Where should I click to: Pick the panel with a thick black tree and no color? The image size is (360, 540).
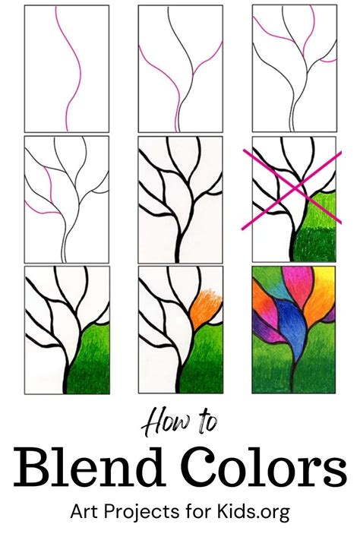[180, 199]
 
